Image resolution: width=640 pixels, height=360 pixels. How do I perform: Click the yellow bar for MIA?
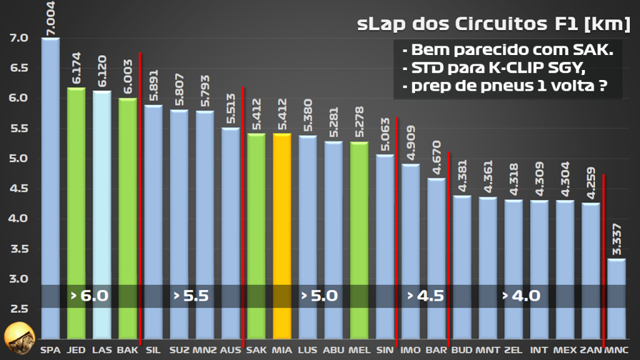tap(282, 237)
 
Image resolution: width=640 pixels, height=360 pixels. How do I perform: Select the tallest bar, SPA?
tap(51, 187)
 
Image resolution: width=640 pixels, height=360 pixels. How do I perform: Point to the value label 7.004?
tap(51, 18)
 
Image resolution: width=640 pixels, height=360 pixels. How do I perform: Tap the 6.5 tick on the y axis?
tap(19, 68)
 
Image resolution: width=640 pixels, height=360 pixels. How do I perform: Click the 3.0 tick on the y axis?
tap(19, 278)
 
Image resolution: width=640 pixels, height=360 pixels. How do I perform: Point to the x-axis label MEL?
tap(359, 351)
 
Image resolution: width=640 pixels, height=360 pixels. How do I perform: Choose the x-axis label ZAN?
tap(590, 351)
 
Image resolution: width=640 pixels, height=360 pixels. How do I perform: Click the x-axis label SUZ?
tap(179, 351)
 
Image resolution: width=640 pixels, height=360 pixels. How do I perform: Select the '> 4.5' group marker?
tap(426, 296)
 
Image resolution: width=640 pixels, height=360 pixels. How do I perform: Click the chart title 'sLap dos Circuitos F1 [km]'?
tap(493, 25)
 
